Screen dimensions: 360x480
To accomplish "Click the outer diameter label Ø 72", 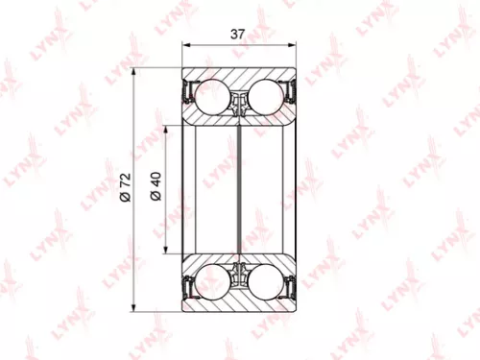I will tap(125, 190).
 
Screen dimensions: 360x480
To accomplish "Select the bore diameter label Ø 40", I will tap(159, 190).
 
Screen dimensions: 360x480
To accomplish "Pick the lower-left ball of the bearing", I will tap(217, 282).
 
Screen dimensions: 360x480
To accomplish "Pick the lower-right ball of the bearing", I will tap(264, 282).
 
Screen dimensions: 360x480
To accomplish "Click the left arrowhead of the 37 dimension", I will tap(186, 45).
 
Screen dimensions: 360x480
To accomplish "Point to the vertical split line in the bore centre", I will tap(241, 190).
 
